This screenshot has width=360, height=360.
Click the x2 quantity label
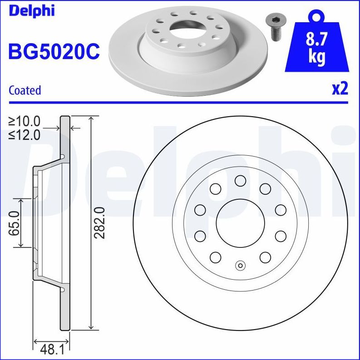tap(340, 89)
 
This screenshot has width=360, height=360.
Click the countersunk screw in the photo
tap(274, 27)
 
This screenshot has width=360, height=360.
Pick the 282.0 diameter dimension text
tap(99, 222)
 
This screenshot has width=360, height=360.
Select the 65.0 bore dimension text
tap(15, 223)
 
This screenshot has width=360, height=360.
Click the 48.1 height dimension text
tap(51, 350)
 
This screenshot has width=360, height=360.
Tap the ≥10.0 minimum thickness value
tap(25, 121)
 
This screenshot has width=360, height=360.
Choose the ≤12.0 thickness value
tap(25, 135)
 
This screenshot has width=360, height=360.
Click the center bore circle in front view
tap(240, 223)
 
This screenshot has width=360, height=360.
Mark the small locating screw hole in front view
tap(240, 266)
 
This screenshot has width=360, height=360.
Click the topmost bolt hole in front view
tap(240, 181)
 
